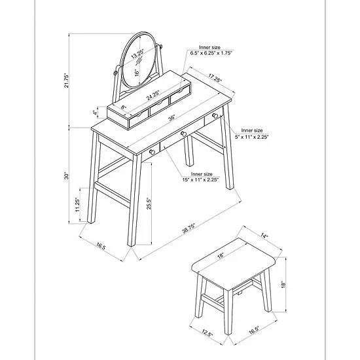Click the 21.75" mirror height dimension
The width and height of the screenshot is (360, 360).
(67, 81)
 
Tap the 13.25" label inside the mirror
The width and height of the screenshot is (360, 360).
(137, 54)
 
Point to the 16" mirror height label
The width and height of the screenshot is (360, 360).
(137, 73)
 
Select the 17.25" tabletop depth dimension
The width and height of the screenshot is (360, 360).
(215, 78)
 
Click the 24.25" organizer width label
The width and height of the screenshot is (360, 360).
(153, 96)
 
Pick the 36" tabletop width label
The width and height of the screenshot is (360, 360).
(171, 118)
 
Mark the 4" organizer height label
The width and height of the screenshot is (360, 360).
(95, 113)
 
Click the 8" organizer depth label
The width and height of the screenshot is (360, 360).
(124, 107)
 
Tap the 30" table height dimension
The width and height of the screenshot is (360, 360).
(67, 175)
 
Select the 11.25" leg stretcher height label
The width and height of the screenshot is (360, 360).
(77, 205)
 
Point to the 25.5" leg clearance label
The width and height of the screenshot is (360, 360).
(149, 204)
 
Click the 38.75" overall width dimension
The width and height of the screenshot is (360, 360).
(189, 228)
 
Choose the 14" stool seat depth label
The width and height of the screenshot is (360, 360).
(264, 236)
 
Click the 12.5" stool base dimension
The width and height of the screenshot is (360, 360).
(207, 333)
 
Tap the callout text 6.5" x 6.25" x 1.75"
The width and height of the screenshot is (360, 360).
(211, 53)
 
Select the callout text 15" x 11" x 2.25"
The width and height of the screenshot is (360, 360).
(200, 180)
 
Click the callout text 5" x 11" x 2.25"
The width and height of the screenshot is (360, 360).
(251, 137)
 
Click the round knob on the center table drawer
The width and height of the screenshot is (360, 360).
(183, 134)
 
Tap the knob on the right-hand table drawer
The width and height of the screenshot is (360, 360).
(215, 116)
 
